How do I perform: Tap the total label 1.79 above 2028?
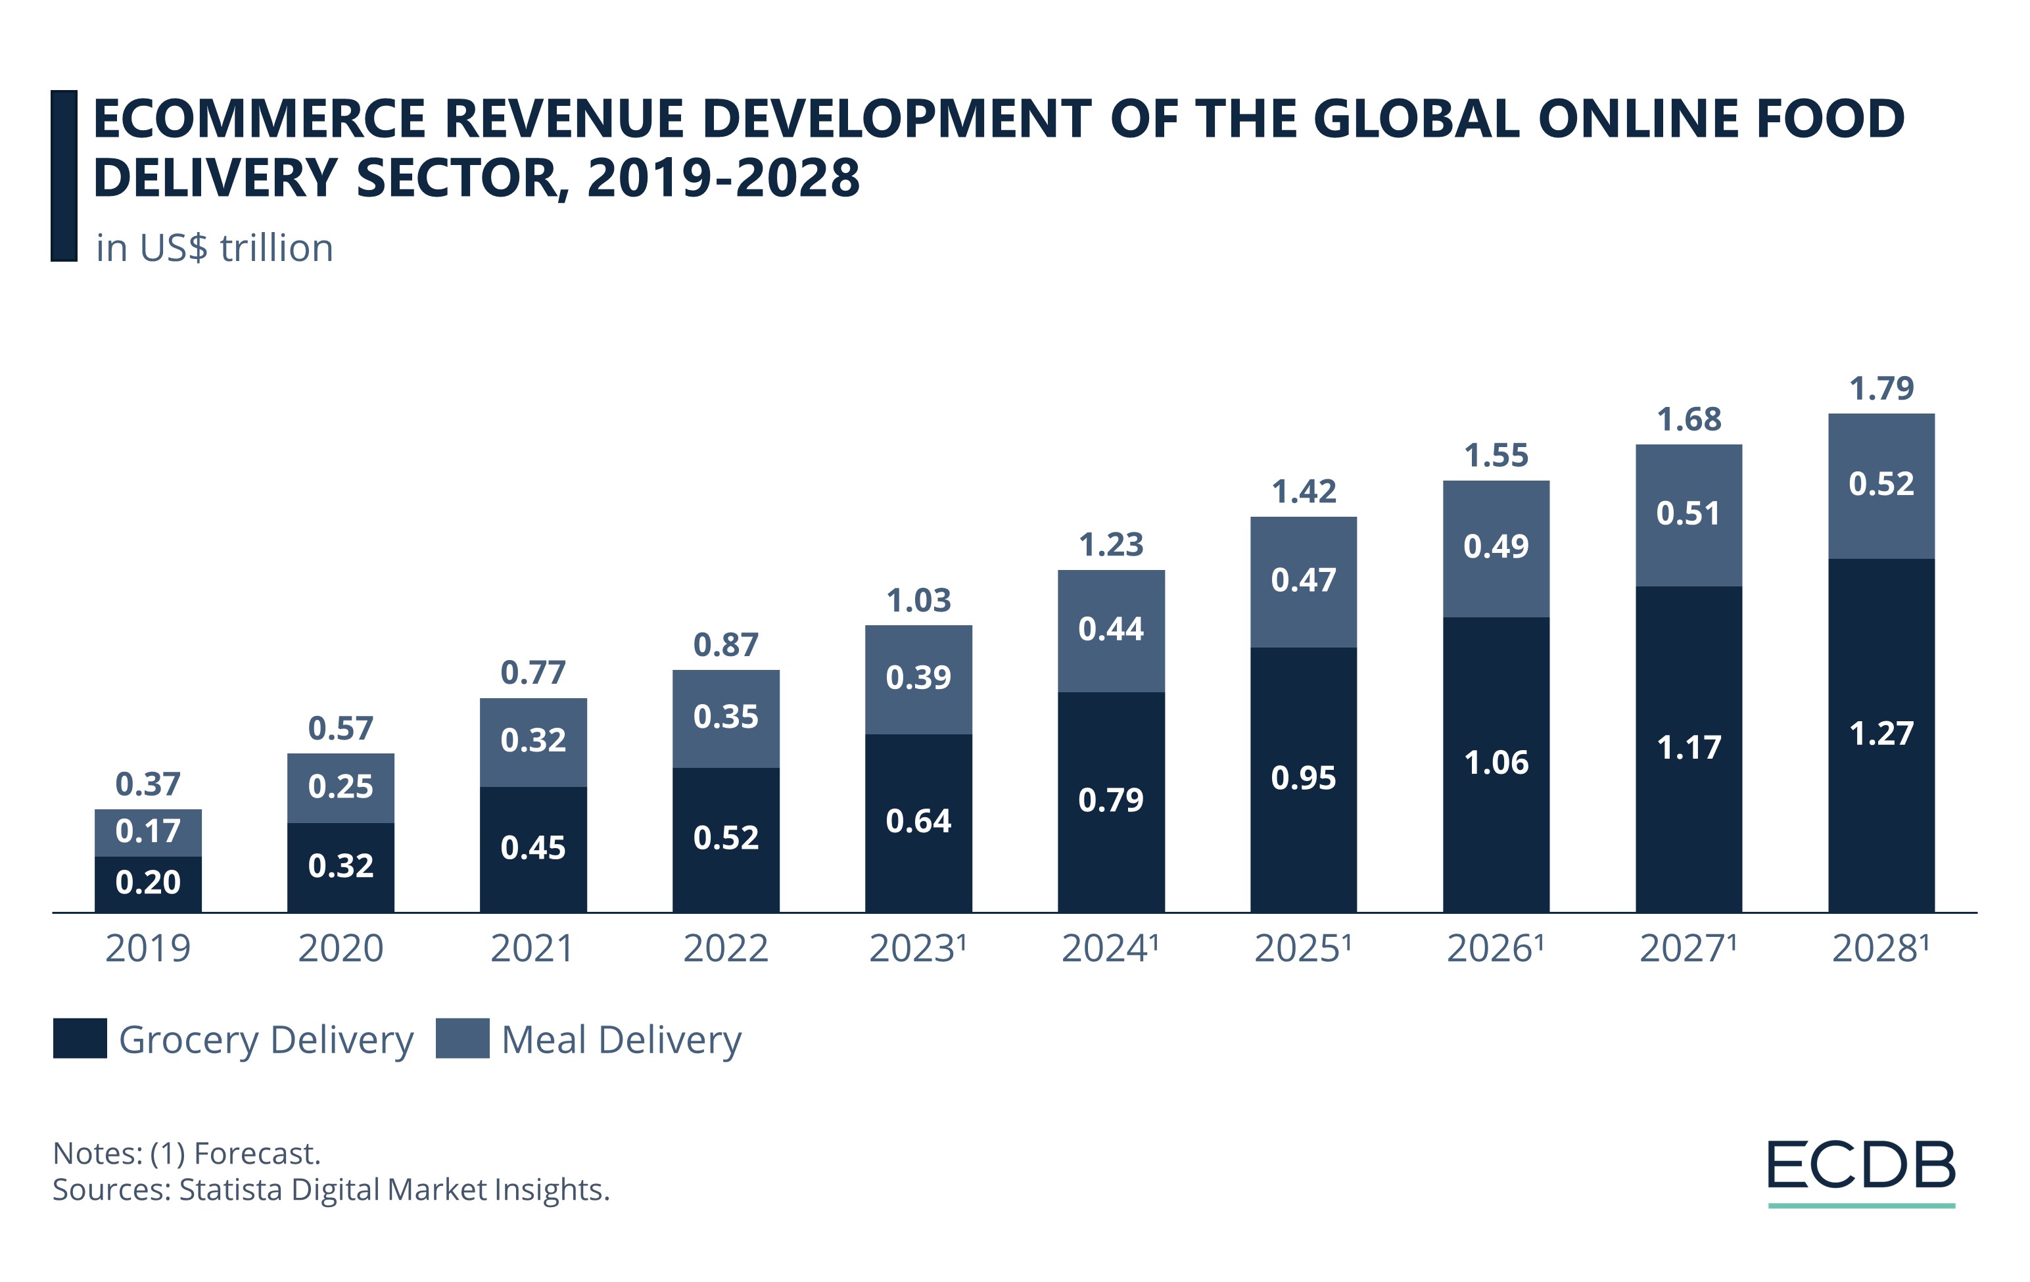point(1881,389)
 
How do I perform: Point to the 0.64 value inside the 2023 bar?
point(918,821)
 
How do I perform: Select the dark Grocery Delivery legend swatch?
point(80,1038)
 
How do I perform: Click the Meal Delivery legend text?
point(621,1040)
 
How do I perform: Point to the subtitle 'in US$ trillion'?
point(214,249)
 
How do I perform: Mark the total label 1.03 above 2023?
point(918,601)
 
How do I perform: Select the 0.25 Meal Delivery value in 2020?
point(340,786)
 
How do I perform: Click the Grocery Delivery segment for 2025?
point(1304,778)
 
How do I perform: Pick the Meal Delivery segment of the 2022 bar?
point(725,718)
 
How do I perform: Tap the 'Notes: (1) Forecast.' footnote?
point(186,1153)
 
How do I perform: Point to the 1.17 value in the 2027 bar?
point(1689,748)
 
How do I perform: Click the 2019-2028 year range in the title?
point(722,178)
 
